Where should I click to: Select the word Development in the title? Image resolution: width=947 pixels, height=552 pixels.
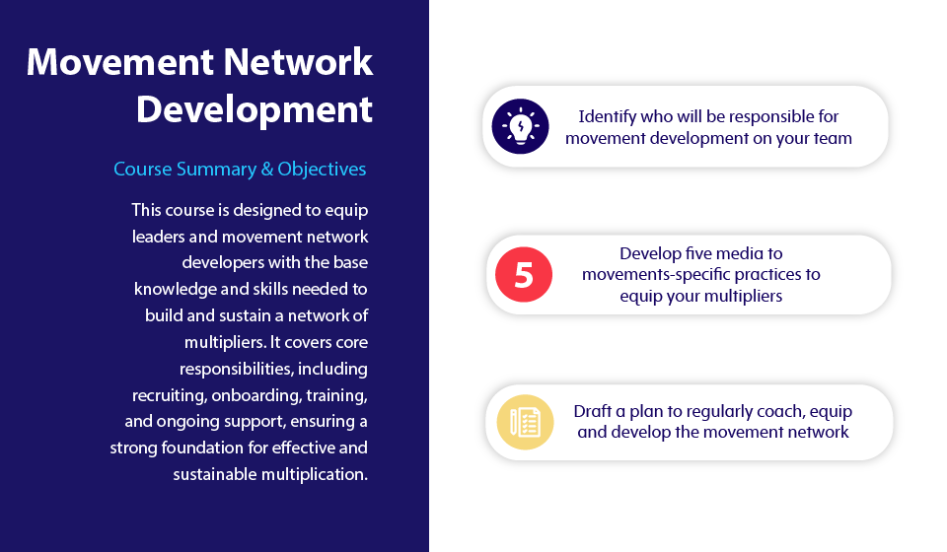[x=255, y=110]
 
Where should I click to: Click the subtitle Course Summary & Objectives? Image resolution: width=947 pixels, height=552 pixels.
[x=240, y=169]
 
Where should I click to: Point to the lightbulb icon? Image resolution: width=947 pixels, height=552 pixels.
[x=520, y=126]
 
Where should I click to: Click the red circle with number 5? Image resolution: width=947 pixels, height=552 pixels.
[x=524, y=274]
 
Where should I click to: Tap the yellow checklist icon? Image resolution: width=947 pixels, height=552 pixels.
[x=525, y=422]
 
